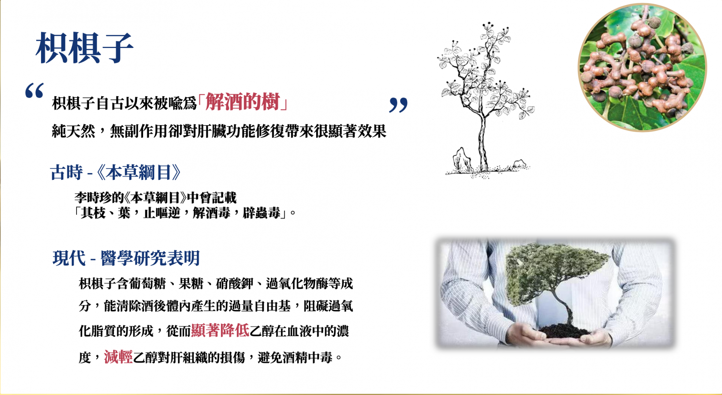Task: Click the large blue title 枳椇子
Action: coord(84,48)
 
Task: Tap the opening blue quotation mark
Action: coord(35,91)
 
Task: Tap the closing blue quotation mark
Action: coord(398,105)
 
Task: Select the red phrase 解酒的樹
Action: coord(243,101)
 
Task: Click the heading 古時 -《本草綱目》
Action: coord(116,172)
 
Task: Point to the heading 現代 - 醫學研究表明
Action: coord(126,258)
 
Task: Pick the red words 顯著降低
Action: coord(220,330)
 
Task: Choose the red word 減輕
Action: coord(118,357)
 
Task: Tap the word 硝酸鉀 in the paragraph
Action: coord(235,283)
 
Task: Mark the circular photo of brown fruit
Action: coord(642,68)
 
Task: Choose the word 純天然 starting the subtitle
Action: coord(74,131)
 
